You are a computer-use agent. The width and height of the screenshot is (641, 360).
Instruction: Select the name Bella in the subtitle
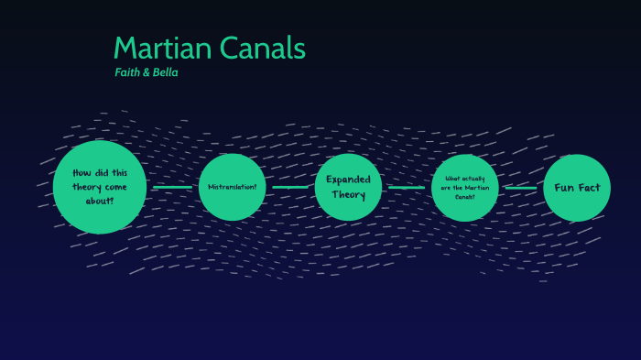click(x=164, y=72)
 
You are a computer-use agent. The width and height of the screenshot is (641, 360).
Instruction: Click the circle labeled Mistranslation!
click(x=232, y=187)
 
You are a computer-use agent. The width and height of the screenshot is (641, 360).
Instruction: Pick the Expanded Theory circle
click(x=348, y=187)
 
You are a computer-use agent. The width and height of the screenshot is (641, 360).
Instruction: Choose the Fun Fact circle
click(x=577, y=188)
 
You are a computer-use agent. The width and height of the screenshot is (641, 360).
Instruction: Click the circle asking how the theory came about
click(x=100, y=187)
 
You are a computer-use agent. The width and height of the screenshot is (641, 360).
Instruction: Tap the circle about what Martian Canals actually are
click(x=465, y=188)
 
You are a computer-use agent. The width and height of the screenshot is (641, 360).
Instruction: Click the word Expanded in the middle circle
click(x=348, y=180)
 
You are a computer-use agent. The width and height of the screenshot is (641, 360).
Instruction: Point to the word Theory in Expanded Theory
click(x=348, y=194)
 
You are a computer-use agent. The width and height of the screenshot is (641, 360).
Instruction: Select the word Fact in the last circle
click(x=588, y=188)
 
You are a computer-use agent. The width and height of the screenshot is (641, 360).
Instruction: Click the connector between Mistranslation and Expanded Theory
click(x=290, y=187)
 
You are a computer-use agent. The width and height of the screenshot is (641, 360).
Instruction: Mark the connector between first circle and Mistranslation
click(x=172, y=187)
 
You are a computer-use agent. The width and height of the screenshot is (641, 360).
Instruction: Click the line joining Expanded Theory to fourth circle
click(x=407, y=188)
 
